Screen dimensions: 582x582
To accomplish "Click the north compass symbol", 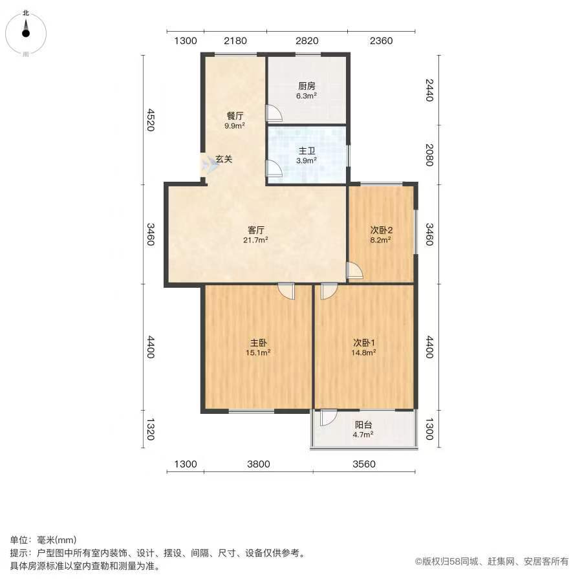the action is (x=26, y=34).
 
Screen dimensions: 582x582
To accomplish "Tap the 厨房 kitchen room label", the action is (x=307, y=86).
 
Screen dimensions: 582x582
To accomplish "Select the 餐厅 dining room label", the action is (x=235, y=116).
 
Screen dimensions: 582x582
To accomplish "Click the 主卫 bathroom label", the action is (x=307, y=151).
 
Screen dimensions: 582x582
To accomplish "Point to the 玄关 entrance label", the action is (x=224, y=159).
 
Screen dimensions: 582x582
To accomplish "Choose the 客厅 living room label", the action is (x=255, y=230).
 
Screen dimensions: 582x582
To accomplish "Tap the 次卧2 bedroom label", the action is (x=381, y=230).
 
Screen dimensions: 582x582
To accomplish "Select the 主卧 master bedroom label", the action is (x=258, y=343).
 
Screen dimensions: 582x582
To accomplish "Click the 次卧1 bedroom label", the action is (x=363, y=343).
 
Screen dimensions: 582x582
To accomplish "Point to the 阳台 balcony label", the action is (x=363, y=425).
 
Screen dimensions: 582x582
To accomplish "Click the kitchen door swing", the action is (x=274, y=114).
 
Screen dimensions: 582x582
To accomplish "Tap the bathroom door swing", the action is (x=274, y=169).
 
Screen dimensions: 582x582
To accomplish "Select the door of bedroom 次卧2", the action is (x=354, y=270).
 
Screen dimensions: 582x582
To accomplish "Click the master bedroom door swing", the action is (x=286, y=291).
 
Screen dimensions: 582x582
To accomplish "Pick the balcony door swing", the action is (x=329, y=417).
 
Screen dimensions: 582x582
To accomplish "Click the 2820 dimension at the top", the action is (x=307, y=41).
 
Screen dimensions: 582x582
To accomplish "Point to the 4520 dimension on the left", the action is (x=150, y=120).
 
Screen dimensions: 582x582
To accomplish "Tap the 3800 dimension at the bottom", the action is (x=259, y=464).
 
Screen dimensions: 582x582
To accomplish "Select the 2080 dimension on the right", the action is (x=429, y=155).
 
